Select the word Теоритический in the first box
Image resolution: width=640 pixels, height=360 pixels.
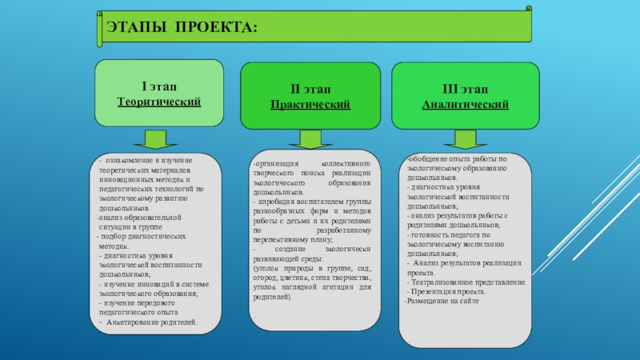tap(159, 102)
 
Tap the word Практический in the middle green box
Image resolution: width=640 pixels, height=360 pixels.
tap(310, 105)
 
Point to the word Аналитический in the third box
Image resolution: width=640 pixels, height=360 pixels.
tap(466, 105)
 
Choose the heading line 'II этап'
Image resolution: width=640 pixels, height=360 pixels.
tap(310, 89)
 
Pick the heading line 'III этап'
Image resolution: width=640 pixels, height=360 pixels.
tap(466, 89)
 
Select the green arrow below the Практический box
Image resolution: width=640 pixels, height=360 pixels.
tap(309, 139)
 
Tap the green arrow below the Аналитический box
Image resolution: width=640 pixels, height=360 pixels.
tap(461, 139)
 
